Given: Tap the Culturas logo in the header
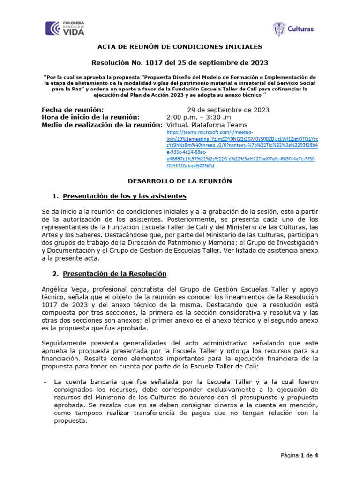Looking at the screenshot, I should coord(293,29).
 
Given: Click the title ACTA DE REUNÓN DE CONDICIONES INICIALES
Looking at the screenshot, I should coord(180,47).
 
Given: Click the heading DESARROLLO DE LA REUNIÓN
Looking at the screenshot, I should coord(180,180).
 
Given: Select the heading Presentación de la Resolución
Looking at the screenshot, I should coord(115,273).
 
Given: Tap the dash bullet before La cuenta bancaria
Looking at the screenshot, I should coord(43,382).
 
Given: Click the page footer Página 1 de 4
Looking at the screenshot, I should coord(300,455).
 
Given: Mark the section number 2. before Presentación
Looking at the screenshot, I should coord(55,273).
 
